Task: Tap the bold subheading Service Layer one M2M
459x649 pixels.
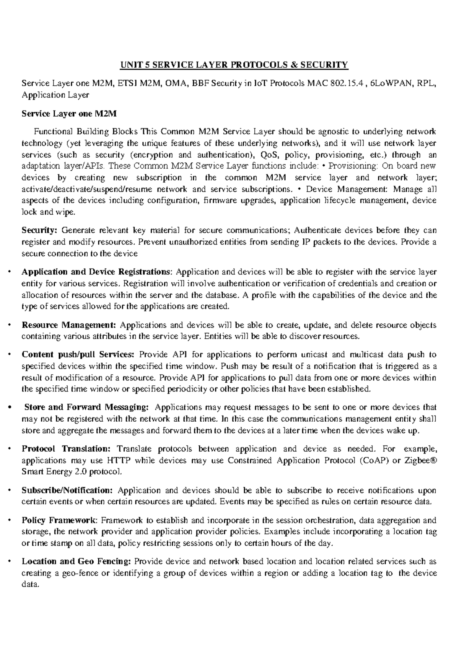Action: [69, 114]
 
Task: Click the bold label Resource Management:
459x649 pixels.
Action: [69, 325]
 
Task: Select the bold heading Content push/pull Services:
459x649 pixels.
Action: [78, 355]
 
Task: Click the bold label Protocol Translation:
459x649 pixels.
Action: [66, 448]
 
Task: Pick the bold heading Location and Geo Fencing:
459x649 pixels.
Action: [76, 561]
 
